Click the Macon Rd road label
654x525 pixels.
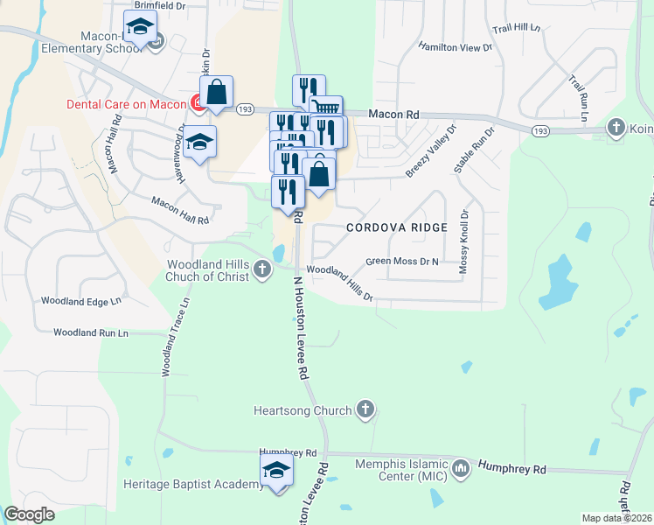pyautogui.click(x=393, y=114)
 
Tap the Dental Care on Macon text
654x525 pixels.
pyautogui.click(x=127, y=104)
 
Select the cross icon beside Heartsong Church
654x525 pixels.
pyautogui.click(x=365, y=409)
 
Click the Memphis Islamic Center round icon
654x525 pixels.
pyautogui.click(x=461, y=470)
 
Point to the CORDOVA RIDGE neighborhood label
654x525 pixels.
pyautogui.click(x=396, y=227)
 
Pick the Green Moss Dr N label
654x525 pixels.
pyautogui.click(x=401, y=261)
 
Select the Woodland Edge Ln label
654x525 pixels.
pyautogui.click(x=80, y=301)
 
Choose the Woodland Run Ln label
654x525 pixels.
pyautogui.click(x=90, y=332)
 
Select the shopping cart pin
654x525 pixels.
pyautogui.click(x=325, y=109)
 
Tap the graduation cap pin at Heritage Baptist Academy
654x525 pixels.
pyautogui.click(x=277, y=471)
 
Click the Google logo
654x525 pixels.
pyautogui.click(x=29, y=514)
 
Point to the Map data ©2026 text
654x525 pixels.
pyautogui.click(x=617, y=518)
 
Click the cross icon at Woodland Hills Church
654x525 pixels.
pyautogui.click(x=264, y=271)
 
